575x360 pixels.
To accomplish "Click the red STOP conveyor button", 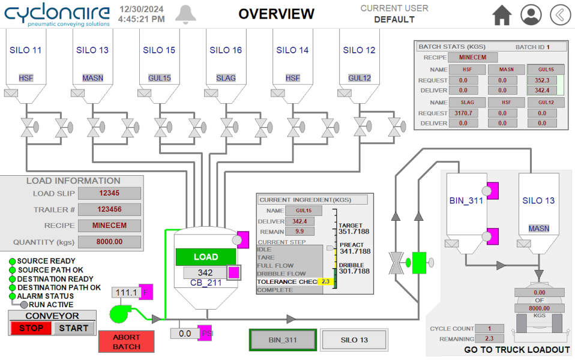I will coord(31,328).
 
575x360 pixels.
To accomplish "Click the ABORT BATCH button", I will coord(127,342).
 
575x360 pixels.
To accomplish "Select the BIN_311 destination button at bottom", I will coord(283,340).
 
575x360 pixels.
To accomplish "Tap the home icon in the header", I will coord(502,15).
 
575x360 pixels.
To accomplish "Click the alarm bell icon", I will coord(186,14).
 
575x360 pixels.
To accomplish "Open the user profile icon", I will coord(531,15).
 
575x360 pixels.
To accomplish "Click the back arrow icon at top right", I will coord(560,15).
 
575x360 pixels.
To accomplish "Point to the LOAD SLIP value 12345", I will coord(109,193).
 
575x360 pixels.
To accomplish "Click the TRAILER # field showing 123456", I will coord(109,209).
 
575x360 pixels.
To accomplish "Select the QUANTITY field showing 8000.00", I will coord(109,242).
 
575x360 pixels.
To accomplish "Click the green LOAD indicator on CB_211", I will coord(206,257).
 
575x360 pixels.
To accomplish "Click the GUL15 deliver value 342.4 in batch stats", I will coord(542,90).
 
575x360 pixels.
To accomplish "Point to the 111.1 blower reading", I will coord(126,292).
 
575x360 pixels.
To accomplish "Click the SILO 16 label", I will coord(226,50).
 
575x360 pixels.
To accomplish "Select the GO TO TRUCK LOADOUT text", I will coord(517,350).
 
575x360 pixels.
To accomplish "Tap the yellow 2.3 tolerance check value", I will coord(325,281).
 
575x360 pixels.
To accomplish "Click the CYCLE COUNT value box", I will coord(490,328).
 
